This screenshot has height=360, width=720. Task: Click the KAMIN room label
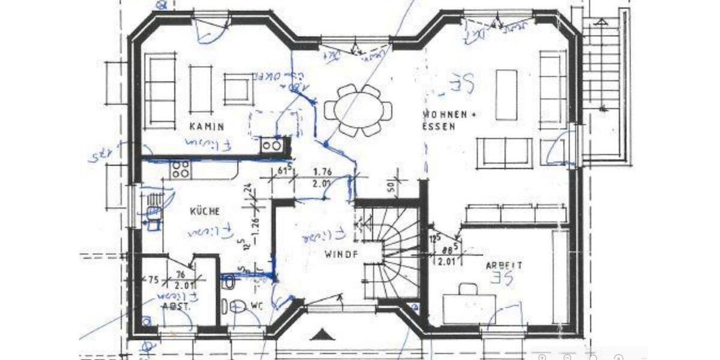point(207,127)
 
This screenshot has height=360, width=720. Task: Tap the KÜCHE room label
point(205,211)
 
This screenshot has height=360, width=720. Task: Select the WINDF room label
point(341,254)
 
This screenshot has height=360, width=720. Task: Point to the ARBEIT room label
point(503,265)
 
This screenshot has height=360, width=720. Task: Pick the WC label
point(256,305)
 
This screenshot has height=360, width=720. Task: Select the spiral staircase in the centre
point(393,252)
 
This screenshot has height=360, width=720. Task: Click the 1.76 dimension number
point(323,172)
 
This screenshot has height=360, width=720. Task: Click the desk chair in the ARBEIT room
point(468,289)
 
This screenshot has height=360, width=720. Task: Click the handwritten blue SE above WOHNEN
point(463,83)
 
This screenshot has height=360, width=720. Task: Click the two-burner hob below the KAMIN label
point(271,145)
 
